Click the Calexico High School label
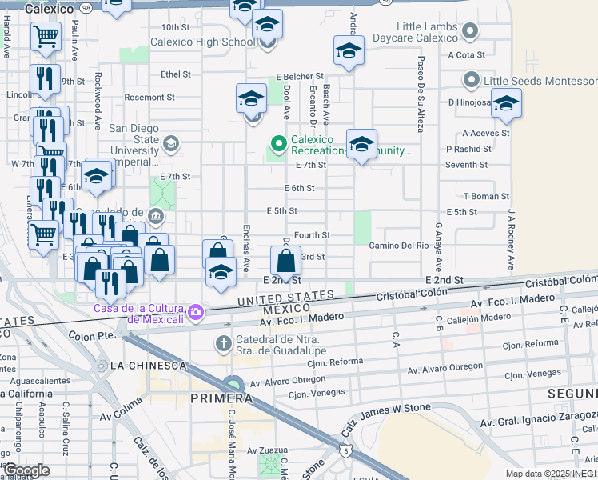click(193, 42)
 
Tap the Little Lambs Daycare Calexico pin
click(471, 33)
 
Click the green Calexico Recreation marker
click(278, 144)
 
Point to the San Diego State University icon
click(169, 144)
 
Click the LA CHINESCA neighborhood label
click(149, 366)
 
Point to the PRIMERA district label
click(221, 398)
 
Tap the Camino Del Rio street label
click(400, 246)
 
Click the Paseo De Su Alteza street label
click(420, 97)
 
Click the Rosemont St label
click(144, 98)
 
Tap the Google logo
click(26, 470)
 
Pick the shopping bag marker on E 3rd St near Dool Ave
click(285, 260)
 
